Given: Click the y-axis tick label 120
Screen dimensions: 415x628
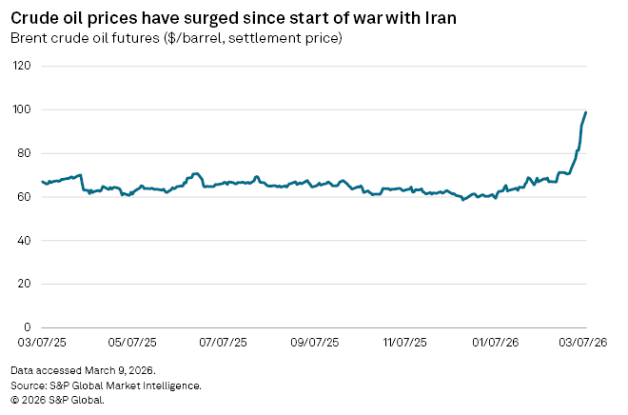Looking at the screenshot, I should pyautogui.click(x=22, y=66).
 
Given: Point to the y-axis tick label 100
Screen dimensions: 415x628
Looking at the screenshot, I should pyautogui.click(x=22, y=109).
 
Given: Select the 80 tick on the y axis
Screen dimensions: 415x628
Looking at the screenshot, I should pyautogui.click(x=25, y=153).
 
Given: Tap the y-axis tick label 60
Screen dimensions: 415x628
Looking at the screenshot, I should pyautogui.click(x=25, y=197).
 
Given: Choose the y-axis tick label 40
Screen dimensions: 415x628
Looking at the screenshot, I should pyautogui.click(x=25, y=241).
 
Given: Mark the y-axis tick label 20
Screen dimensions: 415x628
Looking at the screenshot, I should pyautogui.click(x=25, y=284).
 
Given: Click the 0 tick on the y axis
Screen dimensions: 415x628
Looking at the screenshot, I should pyautogui.click(x=28, y=327).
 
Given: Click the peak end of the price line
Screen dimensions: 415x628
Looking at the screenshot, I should pyautogui.click(x=586, y=112).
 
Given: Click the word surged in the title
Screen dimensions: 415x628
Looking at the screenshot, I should pyautogui.click(x=201, y=18).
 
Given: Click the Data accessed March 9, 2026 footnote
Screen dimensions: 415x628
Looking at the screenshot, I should pyautogui.click(x=83, y=369).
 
